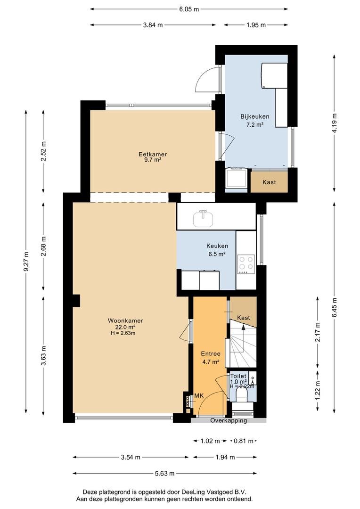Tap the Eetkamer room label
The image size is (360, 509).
point(153,155)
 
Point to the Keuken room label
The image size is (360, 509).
point(217,246)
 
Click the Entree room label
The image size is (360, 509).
point(211,353)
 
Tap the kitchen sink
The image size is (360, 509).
point(203,218)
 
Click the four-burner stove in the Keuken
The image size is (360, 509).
point(245,264)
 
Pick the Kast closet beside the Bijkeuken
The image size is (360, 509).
point(269,182)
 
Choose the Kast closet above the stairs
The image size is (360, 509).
point(244,318)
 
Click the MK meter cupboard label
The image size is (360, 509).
point(199,396)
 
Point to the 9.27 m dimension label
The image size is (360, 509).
point(27,260)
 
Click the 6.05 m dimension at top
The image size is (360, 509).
point(188,9)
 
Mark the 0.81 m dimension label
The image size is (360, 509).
point(244,441)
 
